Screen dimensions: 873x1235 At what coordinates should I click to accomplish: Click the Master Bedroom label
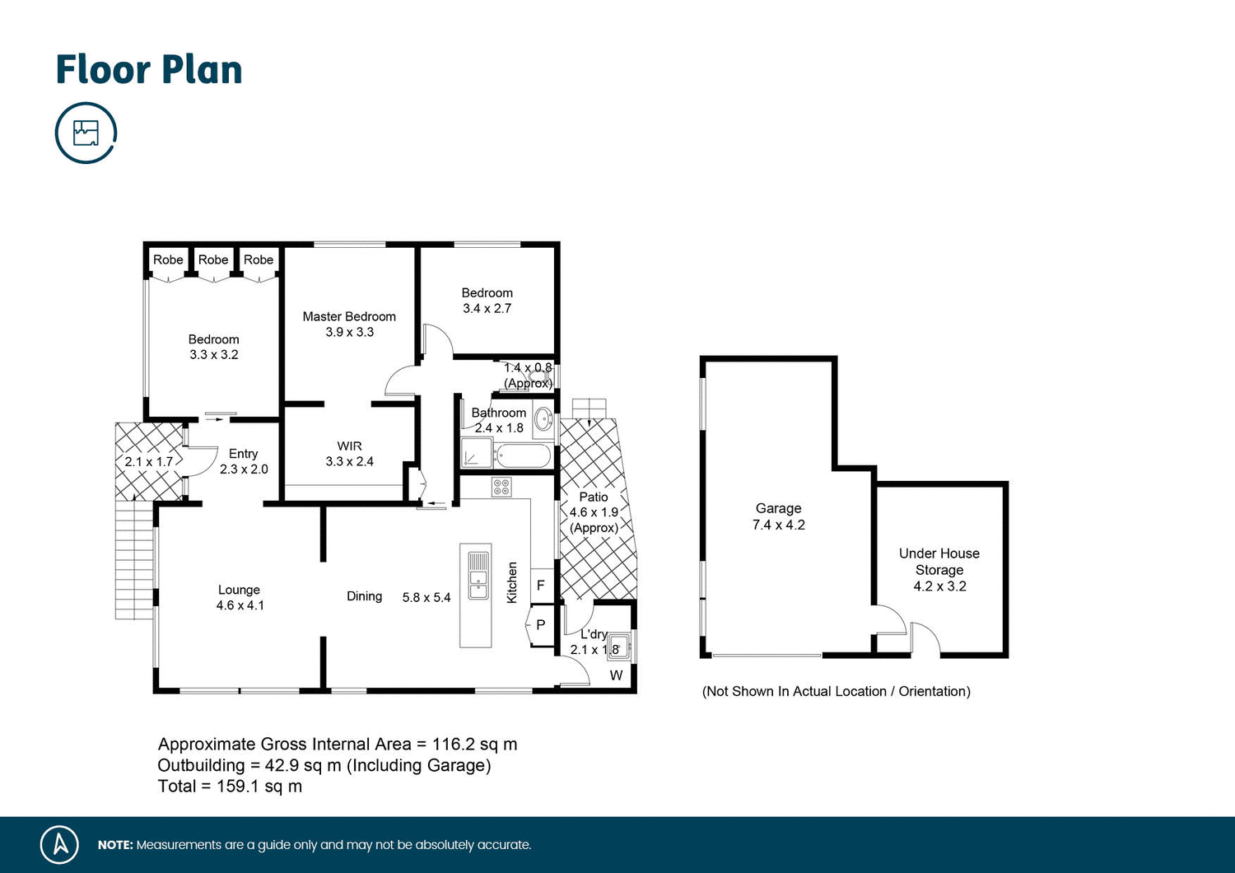click(349, 317)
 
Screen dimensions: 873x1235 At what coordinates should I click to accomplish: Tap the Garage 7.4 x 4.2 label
click(778, 516)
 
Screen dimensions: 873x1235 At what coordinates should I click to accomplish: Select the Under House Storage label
click(939, 562)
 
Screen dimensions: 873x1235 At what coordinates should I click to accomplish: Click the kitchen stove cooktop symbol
click(501, 487)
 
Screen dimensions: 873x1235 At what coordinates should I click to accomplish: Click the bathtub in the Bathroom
click(523, 455)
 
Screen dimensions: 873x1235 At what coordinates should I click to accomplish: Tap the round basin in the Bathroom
click(543, 420)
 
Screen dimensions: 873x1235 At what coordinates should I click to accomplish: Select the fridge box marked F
click(541, 586)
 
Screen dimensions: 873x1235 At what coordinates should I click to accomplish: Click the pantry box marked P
click(541, 625)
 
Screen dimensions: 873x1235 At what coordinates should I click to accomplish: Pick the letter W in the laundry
click(616, 676)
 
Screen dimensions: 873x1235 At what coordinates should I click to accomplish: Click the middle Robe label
click(213, 260)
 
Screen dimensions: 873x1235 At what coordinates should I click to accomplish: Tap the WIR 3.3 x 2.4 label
click(349, 454)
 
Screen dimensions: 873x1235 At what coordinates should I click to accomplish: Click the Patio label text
click(594, 497)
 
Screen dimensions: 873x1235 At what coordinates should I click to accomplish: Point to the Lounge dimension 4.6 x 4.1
click(240, 605)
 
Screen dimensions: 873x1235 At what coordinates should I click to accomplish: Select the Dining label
click(364, 596)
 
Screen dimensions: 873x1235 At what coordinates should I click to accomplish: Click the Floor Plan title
click(149, 70)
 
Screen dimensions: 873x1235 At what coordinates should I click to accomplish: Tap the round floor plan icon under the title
click(86, 133)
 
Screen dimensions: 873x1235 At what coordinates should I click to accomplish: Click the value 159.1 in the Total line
click(238, 787)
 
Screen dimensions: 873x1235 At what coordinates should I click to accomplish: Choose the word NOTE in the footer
click(115, 845)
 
